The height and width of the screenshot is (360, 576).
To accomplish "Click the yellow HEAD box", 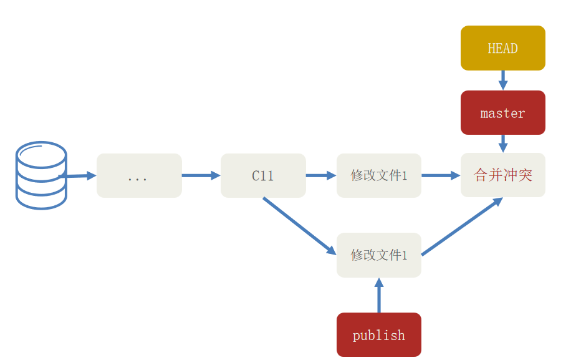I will tap(502, 48).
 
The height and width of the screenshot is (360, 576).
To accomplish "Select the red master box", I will tap(502, 113).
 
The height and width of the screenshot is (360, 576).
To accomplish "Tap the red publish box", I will tap(378, 335).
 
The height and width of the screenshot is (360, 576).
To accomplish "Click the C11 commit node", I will tap(263, 176).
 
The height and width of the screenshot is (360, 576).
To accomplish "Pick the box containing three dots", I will tap(139, 176).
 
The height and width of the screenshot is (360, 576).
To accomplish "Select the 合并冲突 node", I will tap(502, 175).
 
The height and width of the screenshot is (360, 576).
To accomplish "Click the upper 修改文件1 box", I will tap(378, 175).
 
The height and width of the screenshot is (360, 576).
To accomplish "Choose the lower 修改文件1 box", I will tap(378, 255).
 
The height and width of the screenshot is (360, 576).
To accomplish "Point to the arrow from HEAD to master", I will tap(502, 80).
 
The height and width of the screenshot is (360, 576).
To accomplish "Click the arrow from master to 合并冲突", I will tap(502, 144).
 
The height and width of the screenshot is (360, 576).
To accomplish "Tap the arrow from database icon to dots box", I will tap(78, 176).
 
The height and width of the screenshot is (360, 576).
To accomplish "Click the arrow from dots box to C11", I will tap(201, 175).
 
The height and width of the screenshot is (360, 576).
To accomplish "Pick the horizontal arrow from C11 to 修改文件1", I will tap(321, 175).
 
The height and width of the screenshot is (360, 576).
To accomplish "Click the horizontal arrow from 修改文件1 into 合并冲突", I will tap(441, 175).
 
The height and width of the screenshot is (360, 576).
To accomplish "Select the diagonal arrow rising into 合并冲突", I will tap(462, 227).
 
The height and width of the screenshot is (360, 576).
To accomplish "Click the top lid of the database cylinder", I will tap(41, 153).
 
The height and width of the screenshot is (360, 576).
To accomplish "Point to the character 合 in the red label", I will tap(481, 175).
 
